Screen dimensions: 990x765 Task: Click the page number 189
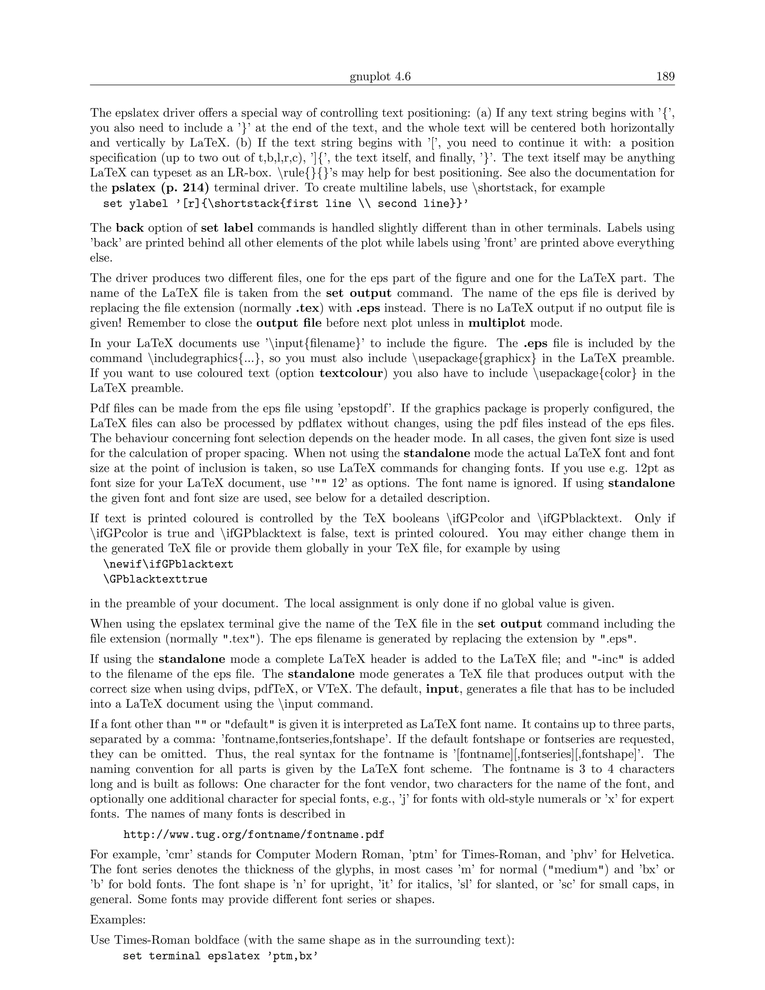coord(665,77)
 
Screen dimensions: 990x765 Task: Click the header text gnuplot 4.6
coord(380,77)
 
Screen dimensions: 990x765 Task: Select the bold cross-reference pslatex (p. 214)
coord(160,188)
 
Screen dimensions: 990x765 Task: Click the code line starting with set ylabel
coord(285,204)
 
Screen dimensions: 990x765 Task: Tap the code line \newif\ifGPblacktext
coord(168,564)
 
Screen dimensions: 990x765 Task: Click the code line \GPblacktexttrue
coord(155,579)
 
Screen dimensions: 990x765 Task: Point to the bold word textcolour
coord(351,374)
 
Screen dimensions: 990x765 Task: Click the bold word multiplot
coord(496,323)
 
